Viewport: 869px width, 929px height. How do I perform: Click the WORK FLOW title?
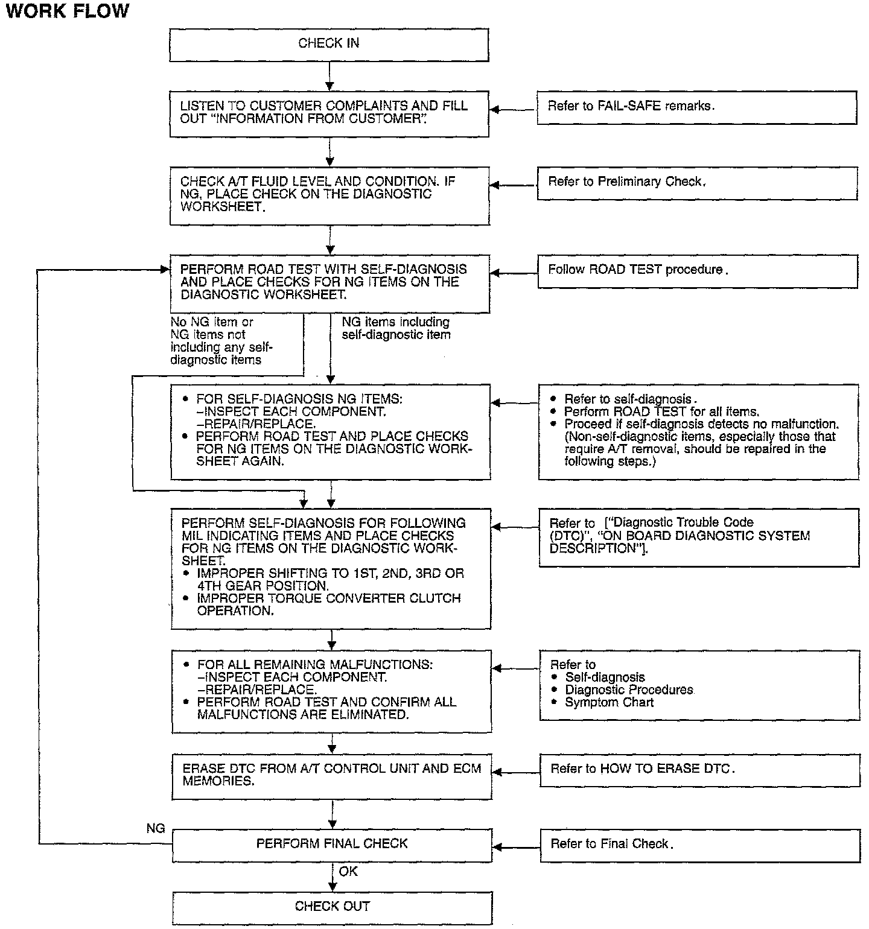(67, 11)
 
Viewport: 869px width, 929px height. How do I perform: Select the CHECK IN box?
(329, 45)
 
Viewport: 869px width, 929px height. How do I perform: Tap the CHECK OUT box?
(333, 907)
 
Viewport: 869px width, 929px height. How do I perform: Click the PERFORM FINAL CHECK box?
(333, 845)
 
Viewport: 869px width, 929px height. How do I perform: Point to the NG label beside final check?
(156, 829)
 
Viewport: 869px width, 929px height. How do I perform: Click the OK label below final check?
(348, 872)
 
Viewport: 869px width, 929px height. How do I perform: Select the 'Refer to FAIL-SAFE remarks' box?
(696, 107)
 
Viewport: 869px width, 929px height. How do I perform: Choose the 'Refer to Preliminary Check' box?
(696, 183)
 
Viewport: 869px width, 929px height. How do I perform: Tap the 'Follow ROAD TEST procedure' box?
(697, 270)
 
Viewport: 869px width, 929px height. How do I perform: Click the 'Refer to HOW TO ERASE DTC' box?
(699, 770)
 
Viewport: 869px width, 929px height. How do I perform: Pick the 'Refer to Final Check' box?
(699, 845)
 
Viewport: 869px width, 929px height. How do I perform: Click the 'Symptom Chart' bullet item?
(609, 703)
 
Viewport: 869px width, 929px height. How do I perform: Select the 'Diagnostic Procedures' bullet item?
(629, 690)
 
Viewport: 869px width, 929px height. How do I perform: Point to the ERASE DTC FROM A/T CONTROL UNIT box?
(333, 776)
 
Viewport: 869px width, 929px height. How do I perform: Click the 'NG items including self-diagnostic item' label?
(396, 329)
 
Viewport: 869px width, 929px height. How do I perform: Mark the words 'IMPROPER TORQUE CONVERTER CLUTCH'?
(329, 599)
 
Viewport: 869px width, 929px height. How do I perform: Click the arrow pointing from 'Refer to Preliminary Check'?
(513, 186)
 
